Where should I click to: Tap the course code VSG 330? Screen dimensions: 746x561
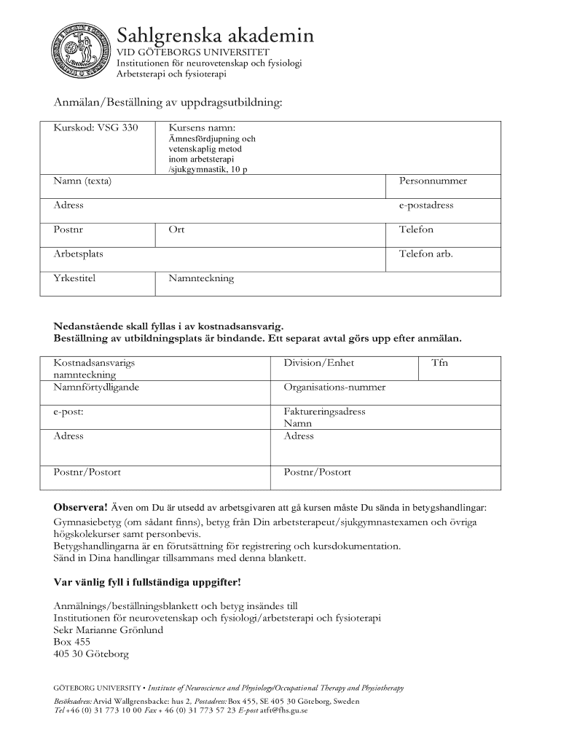(95, 128)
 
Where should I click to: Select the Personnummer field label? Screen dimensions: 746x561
(433, 181)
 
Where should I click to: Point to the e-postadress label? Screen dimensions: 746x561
(426, 205)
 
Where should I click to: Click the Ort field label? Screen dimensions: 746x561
(176, 229)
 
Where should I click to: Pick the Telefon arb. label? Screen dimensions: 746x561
(425, 254)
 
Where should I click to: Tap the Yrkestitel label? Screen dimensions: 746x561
(74, 278)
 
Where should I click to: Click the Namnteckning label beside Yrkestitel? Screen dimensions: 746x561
(201, 278)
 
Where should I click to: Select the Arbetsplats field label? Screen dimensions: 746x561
(78, 254)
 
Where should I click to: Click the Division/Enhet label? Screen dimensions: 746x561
(318, 363)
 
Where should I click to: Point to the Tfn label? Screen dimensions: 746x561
(439, 363)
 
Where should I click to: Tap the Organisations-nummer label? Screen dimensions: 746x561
(334, 388)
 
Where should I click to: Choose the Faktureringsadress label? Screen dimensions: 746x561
(324, 412)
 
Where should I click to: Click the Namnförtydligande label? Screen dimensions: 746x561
(96, 388)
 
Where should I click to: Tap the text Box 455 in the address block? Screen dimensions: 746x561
(72, 643)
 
